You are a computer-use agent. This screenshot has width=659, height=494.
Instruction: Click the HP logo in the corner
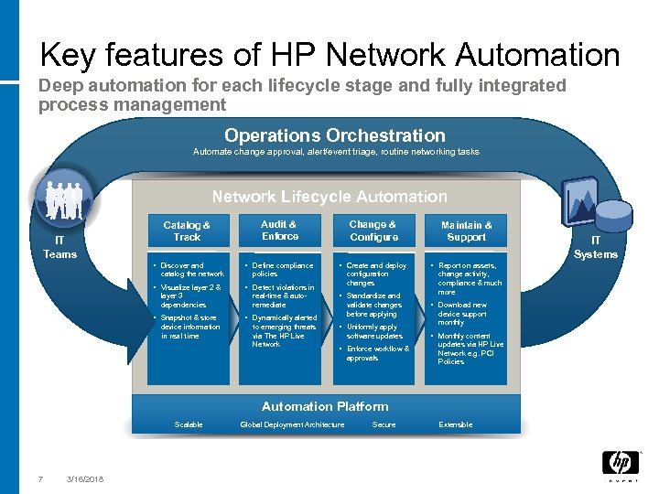point(620,464)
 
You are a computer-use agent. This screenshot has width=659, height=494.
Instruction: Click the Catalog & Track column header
point(187,231)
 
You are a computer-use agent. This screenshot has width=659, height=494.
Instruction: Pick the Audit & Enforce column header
point(279,230)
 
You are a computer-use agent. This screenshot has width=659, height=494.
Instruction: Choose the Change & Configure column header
point(373,231)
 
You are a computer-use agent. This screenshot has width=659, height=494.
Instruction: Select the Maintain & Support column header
point(466,231)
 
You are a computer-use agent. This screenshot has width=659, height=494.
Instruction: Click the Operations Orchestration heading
point(335,135)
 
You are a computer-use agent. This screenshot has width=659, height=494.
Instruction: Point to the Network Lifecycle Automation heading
point(329,197)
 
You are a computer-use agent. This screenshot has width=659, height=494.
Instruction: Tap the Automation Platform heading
point(325,406)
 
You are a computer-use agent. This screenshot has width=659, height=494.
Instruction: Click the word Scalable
point(189,424)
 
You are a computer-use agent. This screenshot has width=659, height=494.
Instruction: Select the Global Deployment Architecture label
point(292,424)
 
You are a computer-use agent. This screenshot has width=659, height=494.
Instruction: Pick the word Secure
point(384,424)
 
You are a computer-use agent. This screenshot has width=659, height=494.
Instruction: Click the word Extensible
point(456,424)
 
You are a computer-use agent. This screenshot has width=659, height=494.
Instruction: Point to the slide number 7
point(40,478)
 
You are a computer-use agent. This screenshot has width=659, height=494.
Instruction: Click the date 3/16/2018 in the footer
point(85,478)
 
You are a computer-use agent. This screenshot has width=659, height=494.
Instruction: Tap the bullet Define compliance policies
point(283,270)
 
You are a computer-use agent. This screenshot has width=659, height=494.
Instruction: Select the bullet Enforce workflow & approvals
point(378,353)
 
